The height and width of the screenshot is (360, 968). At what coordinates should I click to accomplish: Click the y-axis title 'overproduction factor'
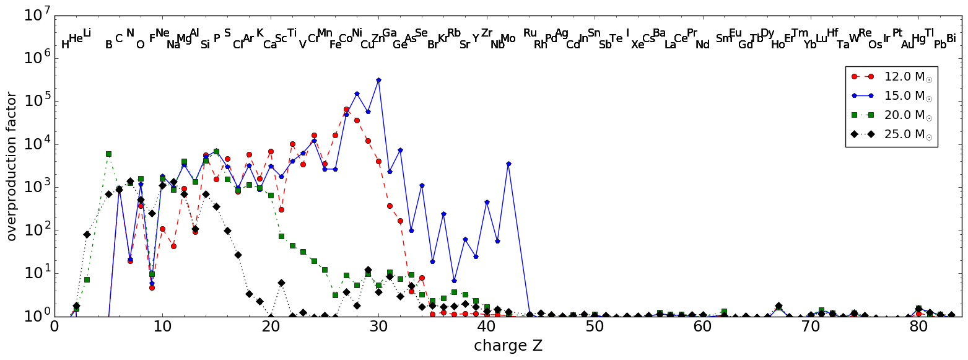[11, 166]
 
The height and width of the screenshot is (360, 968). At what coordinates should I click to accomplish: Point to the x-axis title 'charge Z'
[508, 346]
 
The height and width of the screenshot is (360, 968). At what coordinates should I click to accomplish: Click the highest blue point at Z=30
[378, 80]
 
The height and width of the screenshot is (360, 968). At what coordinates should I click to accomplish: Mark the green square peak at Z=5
[108, 154]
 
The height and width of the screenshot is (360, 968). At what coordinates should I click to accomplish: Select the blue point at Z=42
[508, 164]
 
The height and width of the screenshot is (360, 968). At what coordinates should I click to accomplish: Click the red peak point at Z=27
[346, 110]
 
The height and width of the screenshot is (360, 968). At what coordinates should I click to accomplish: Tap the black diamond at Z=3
[87, 234]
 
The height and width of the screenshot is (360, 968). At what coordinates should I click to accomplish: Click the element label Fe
[335, 45]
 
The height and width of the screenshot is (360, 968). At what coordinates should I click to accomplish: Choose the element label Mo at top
[508, 39]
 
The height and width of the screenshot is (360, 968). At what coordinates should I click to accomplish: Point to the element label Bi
[951, 39]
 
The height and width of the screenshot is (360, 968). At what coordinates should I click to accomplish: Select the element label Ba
[659, 33]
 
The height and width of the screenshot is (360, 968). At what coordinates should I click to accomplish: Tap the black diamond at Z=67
[778, 305]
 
